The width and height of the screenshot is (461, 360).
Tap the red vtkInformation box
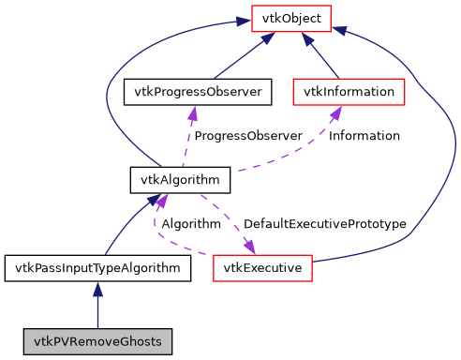(349, 92)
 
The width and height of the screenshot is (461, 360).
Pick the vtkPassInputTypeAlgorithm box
(97, 268)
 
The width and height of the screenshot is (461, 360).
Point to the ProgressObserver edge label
(247, 136)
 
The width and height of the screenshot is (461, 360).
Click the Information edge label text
(364, 136)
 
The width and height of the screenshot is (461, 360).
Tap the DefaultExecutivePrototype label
(324, 224)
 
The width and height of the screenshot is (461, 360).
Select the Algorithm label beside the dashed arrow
(191, 224)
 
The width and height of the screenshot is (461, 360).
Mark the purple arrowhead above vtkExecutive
(249, 247)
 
